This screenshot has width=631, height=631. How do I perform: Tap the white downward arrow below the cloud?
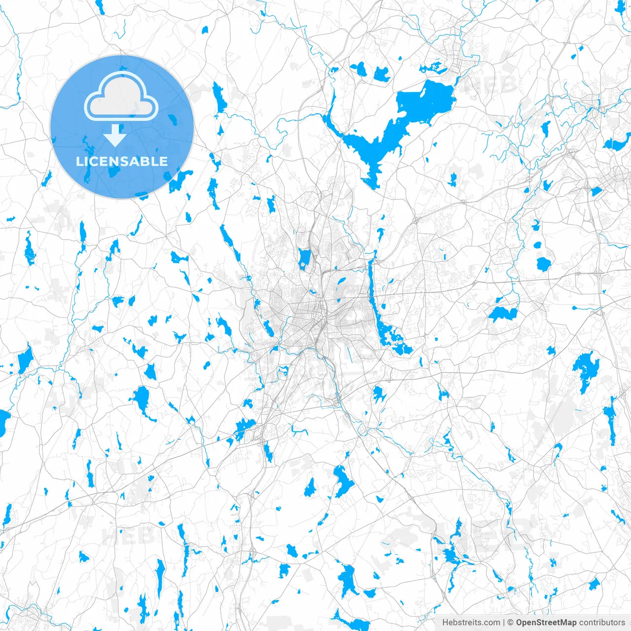[115, 136]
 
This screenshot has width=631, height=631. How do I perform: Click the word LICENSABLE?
[122, 161]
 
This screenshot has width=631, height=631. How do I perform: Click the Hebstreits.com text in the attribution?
[471, 622]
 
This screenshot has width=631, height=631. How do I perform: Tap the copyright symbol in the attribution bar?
[511, 622]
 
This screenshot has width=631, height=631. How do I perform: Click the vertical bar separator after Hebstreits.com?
[503, 622]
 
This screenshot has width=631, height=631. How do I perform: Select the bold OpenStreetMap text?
[546, 622]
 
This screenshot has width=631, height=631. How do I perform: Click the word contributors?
[602, 622]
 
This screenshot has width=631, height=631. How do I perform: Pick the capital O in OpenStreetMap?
[519, 622]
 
